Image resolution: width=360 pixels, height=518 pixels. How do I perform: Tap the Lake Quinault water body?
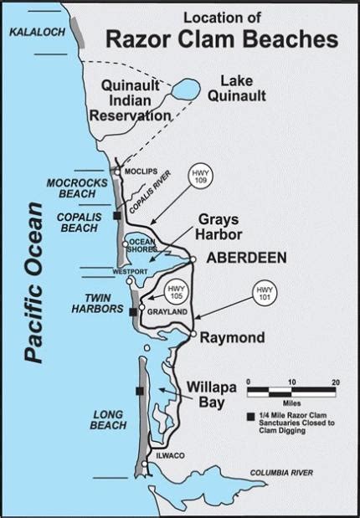[x=185, y=88]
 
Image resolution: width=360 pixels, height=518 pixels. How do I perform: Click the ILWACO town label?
[x=167, y=454]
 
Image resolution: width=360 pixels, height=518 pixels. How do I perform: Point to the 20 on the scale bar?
[x=334, y=382]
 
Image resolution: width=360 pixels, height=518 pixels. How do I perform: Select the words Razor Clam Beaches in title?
[x=221, y=38]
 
